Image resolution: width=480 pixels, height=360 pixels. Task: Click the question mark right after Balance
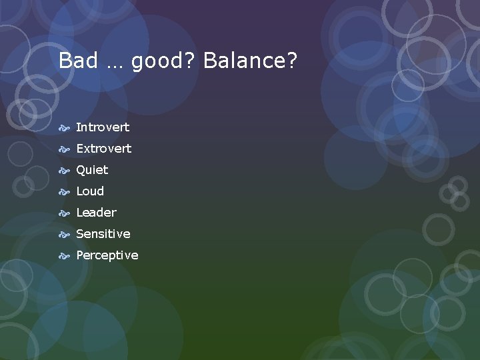tap(291, 61)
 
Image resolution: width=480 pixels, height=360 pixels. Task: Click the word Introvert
tap(103, 127)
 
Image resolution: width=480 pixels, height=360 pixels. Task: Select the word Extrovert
tap(103, 148)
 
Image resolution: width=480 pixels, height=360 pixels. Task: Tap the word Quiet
tap(92, 170)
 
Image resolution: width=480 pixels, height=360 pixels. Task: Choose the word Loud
tap(90, 191)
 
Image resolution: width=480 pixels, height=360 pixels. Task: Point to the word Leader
tap(96, 213)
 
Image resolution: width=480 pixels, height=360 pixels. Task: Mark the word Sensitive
tap(103, 234)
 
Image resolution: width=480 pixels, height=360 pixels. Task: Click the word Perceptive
tap(107, 255)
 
